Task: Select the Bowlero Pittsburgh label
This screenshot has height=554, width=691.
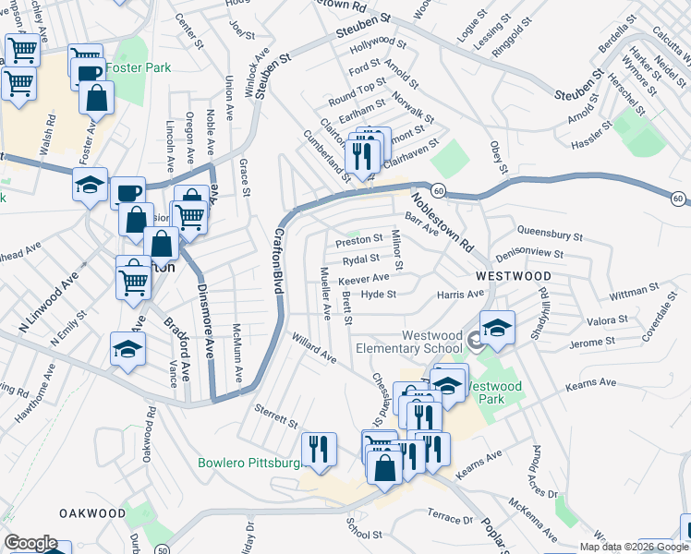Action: coord(249,462)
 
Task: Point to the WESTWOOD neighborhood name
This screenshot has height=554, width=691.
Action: coord(514,276)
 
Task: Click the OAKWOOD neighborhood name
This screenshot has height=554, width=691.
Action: coord(91,512)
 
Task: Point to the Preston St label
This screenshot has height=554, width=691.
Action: coord(358,239)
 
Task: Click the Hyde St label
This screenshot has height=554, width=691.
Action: coord(378,295)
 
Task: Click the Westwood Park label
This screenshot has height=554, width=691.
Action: coord(494,392)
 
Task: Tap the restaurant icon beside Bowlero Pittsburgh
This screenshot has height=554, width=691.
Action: coord(320,449)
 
